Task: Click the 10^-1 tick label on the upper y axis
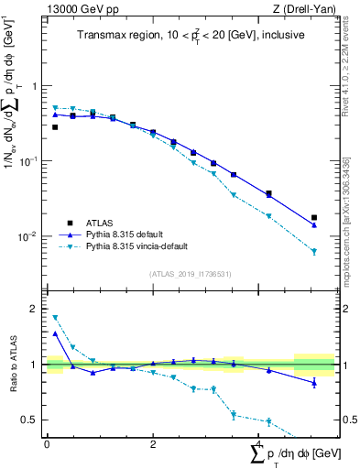[31, 161]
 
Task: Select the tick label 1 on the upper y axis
[35, 86]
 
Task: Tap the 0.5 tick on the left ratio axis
[30, 420]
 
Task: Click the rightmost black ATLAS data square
[314, 218]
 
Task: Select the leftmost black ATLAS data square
[55, 127]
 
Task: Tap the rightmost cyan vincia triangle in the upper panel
[314, 251]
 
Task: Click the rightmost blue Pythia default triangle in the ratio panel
[314, 382]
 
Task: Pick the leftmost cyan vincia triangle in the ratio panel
[55, 318]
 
